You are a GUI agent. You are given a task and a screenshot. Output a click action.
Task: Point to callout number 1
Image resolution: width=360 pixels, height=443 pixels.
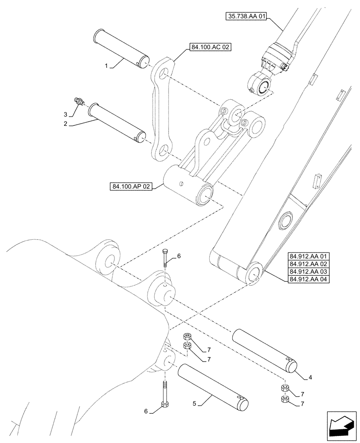(106, 66)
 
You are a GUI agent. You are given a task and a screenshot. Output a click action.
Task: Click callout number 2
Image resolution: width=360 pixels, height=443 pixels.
(65, 124)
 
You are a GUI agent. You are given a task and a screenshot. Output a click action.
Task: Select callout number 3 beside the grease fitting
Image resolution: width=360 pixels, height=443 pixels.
(66, 115)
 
